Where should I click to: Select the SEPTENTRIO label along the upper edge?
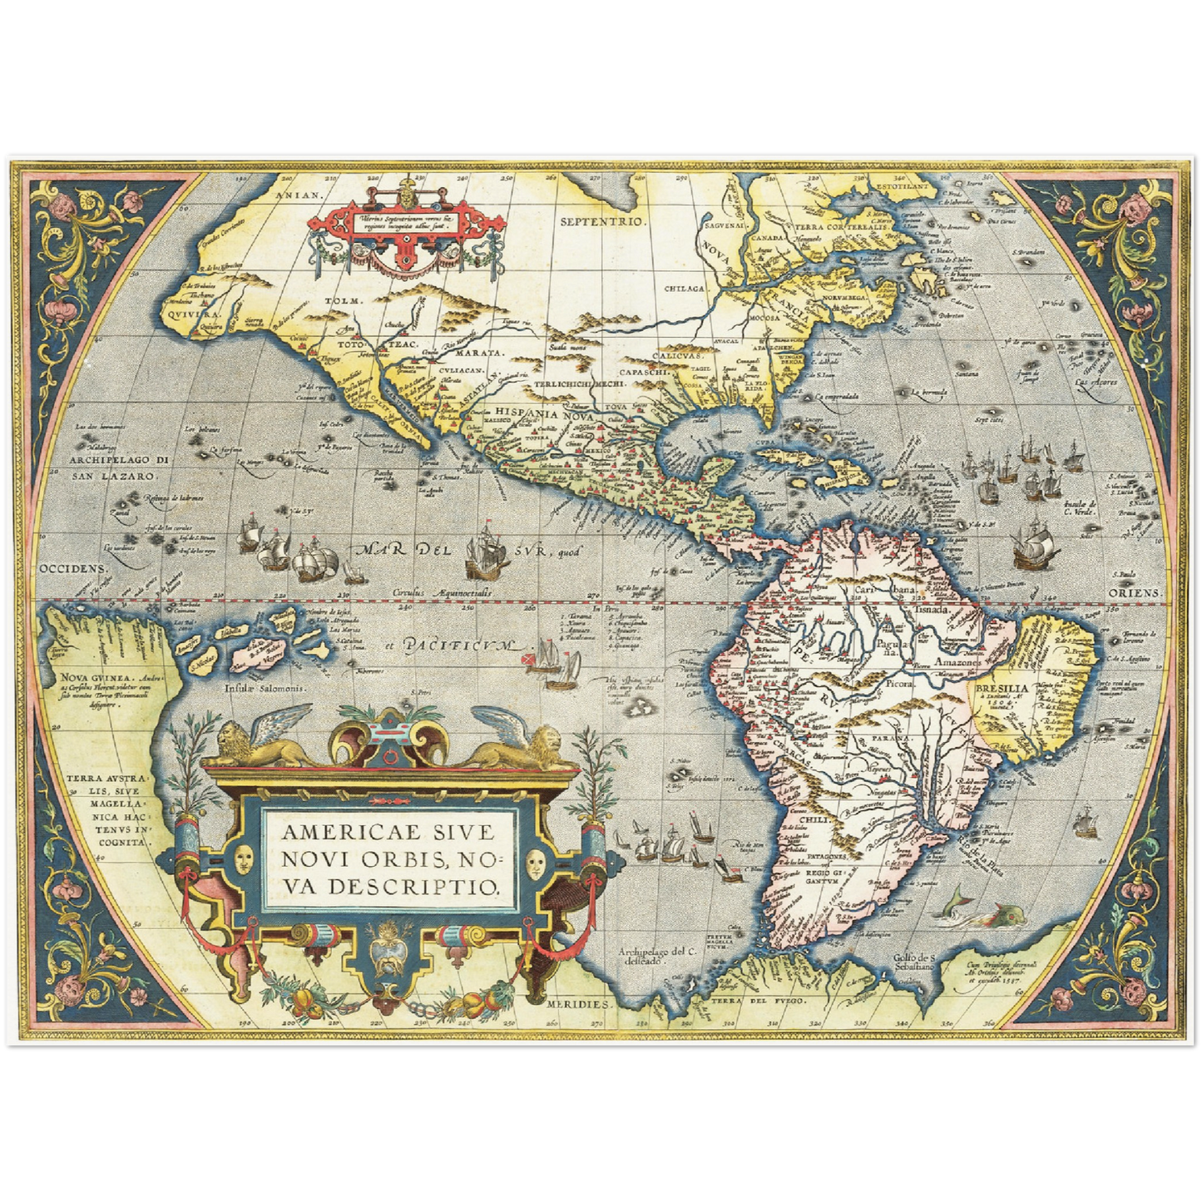[602, 221]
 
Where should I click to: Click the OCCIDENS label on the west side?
[73, 569]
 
